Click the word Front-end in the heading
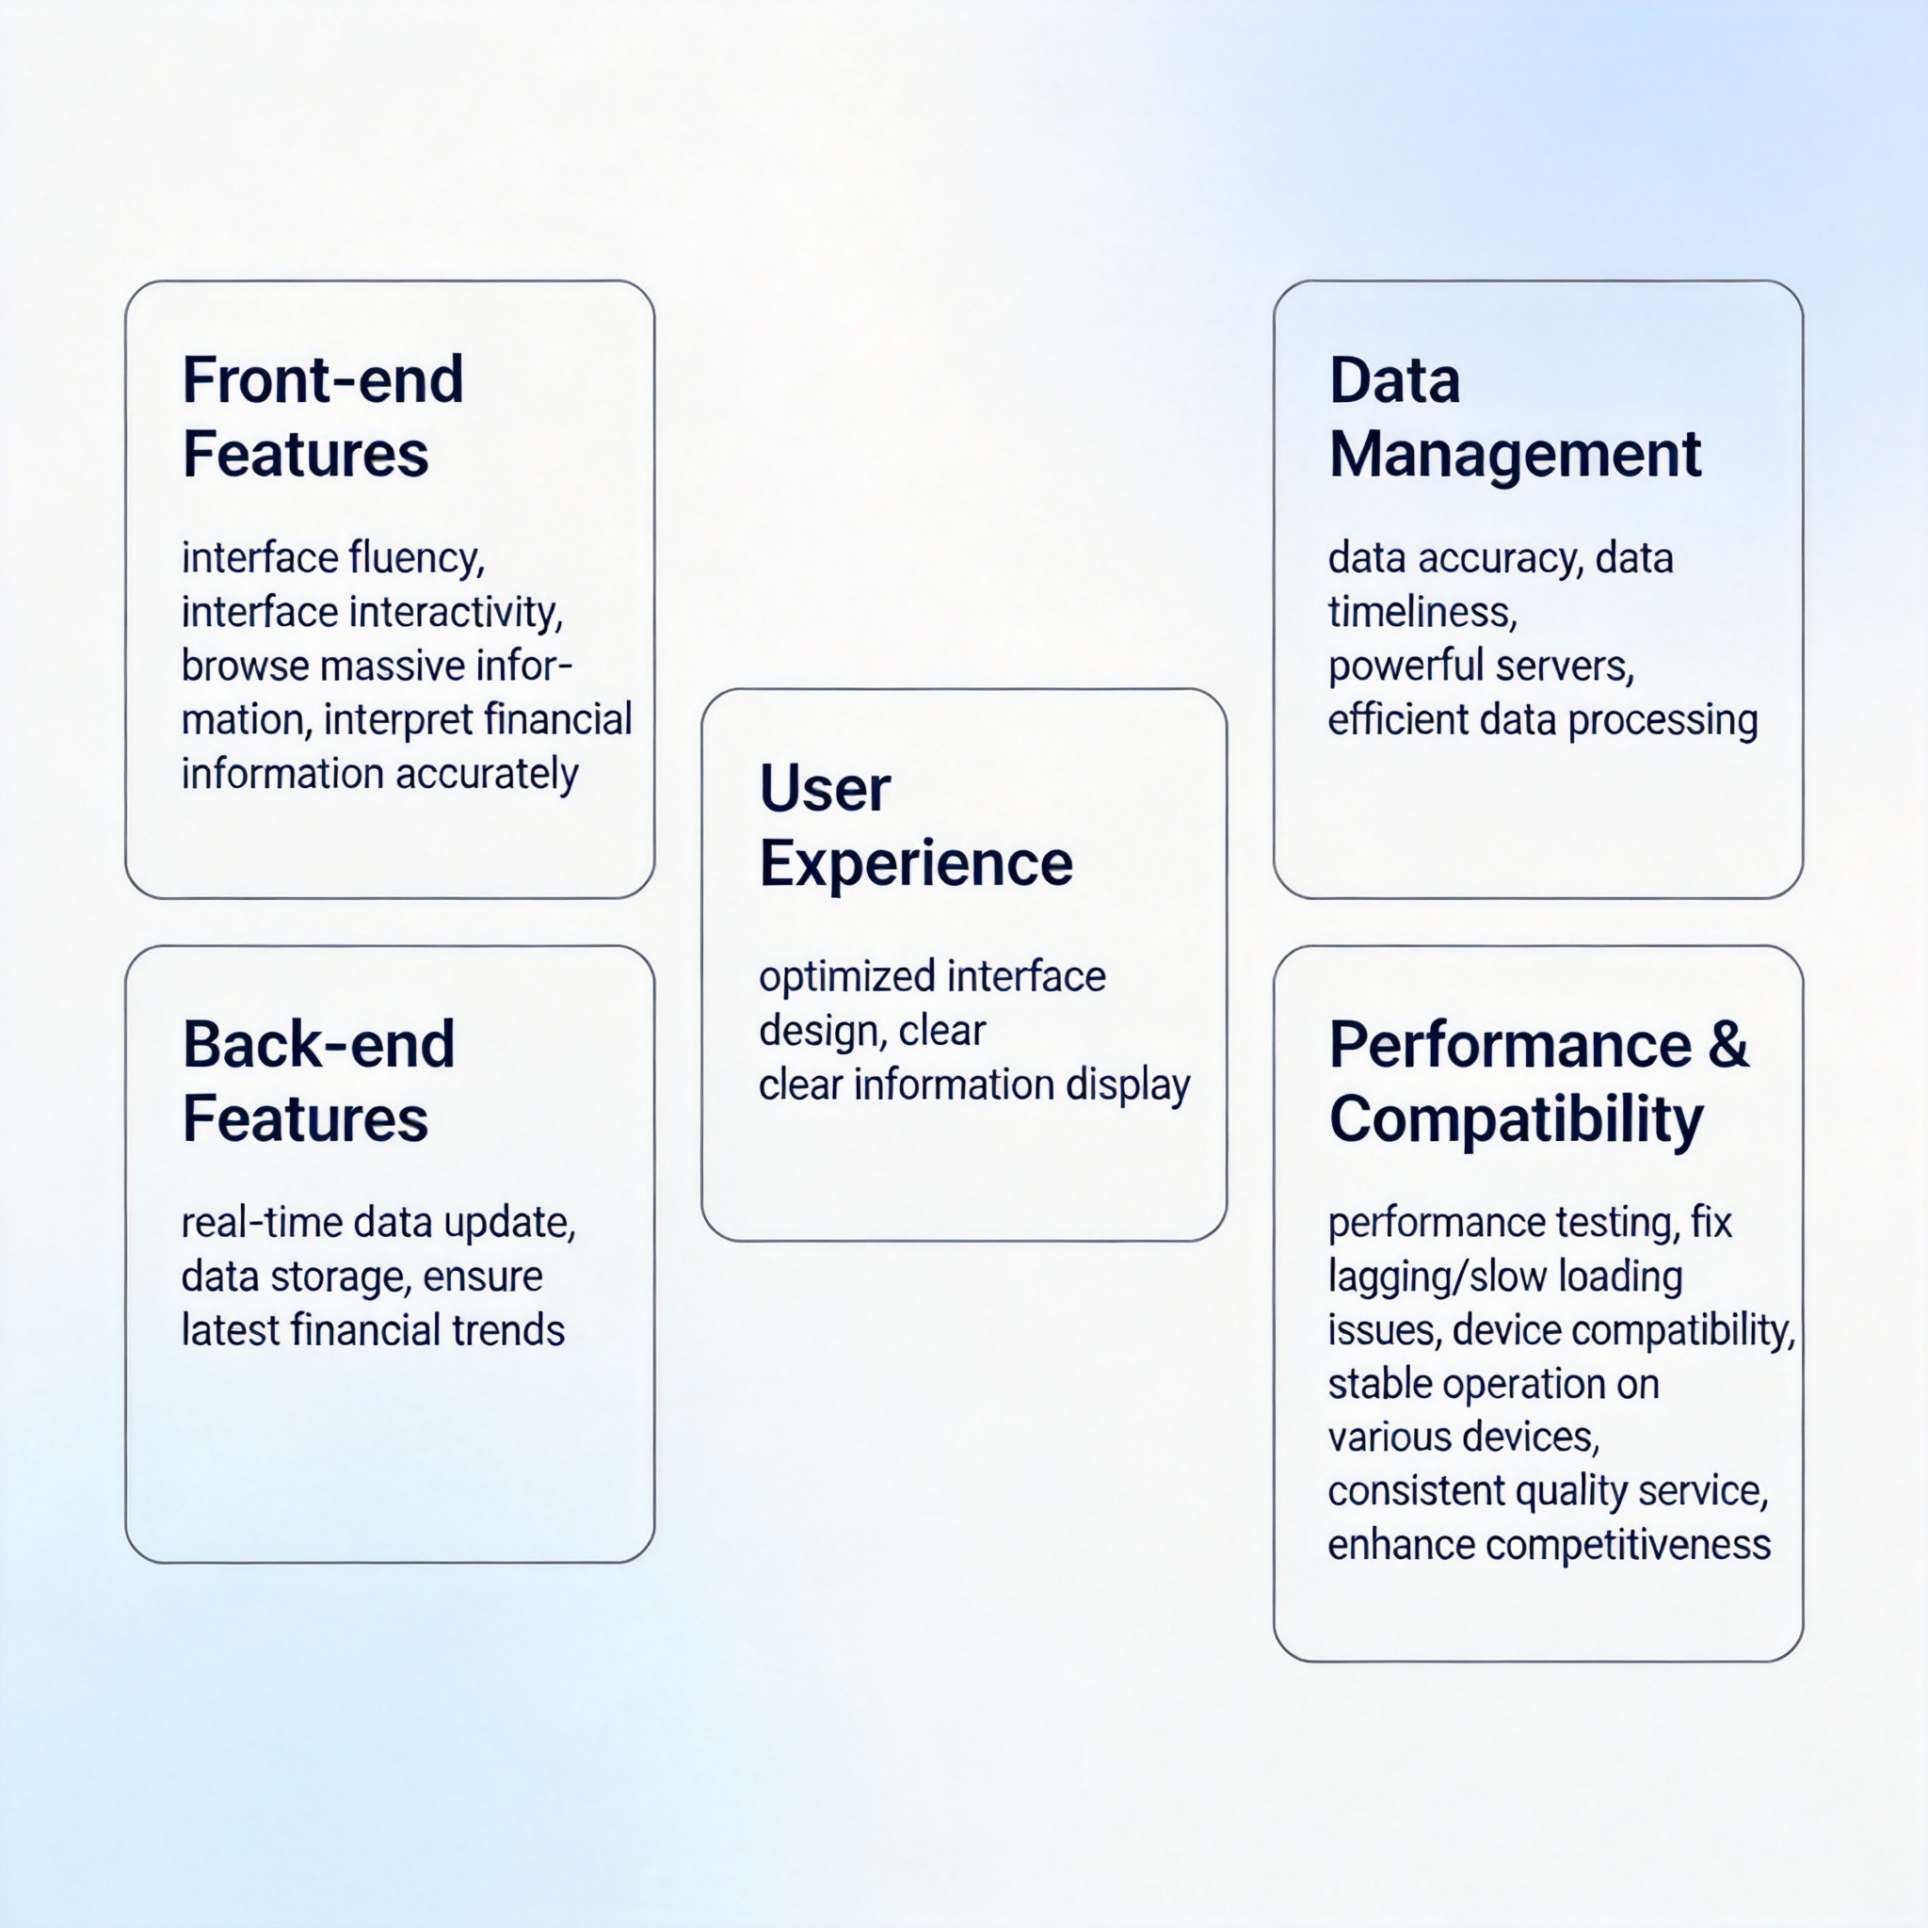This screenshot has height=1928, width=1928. click(x=323, y=380)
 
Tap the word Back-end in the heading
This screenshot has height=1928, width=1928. click(x=319, y=1045)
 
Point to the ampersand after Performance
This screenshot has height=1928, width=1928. click(x=1729, y=1045)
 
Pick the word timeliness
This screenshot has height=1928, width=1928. click(x=1423, y=612)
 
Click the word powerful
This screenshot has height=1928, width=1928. click(x=1394, y=667)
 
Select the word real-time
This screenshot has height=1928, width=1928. click(x=262, y=1223)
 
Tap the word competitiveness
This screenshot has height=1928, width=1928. click(x=1628, y=1546)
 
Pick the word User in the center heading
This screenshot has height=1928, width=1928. click(x=826, y=789)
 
